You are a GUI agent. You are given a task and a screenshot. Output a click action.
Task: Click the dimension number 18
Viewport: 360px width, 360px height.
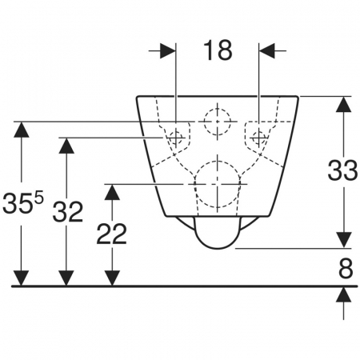(x=218, y=50)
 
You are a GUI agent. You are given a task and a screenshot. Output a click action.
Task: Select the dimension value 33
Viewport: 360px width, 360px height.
(x=342, y=170)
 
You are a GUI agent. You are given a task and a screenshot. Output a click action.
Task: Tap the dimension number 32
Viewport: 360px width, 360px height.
(x=68, y=212)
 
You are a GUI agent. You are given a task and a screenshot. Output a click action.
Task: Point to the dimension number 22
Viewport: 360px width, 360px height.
(x=111, y=234)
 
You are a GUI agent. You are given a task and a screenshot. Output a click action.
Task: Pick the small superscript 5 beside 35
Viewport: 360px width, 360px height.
(x=39, y=198)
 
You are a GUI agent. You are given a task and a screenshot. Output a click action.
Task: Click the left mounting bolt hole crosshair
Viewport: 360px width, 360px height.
(x=176, y=138)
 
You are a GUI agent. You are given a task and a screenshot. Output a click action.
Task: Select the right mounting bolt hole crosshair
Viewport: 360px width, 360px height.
(x=259, y=138)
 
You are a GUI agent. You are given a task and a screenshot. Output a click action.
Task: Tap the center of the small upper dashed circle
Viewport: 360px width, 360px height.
(x=218, y=122)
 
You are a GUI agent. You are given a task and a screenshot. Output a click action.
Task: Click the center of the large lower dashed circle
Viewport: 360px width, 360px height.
(x=218, y=184)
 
